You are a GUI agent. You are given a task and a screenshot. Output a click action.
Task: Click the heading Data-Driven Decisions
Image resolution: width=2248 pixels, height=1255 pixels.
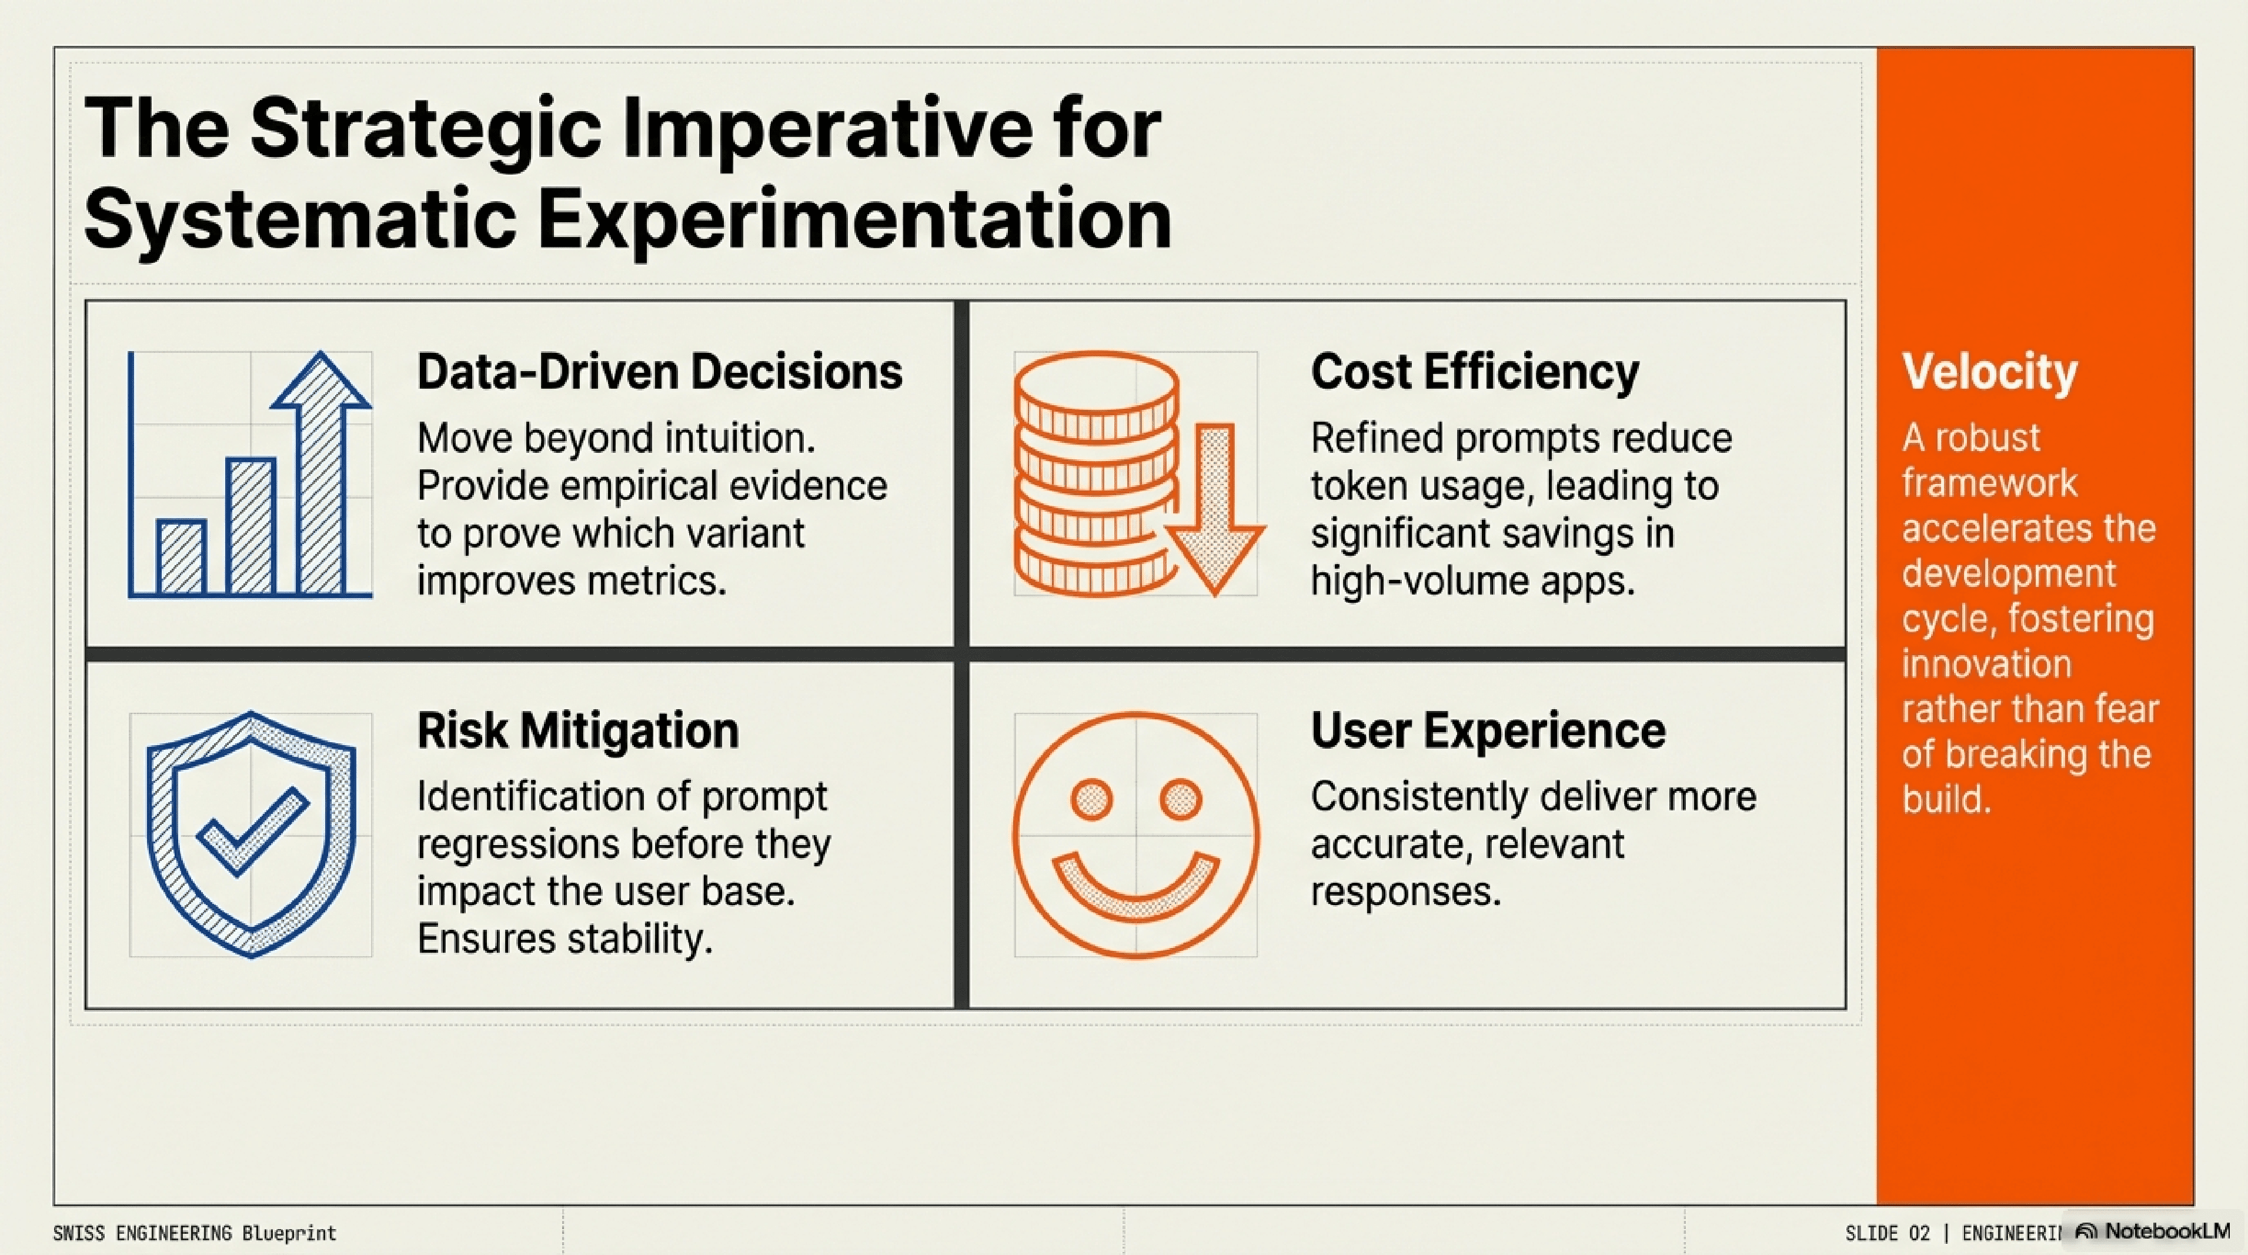[x=660, y=372]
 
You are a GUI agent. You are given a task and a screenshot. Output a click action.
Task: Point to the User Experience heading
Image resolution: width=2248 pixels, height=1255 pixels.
[x=1488, y=732]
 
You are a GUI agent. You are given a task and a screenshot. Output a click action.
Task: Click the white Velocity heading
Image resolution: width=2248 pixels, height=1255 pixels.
[x=1990, y=373]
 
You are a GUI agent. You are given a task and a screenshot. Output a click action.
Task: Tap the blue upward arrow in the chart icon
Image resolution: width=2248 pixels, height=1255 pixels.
[x=321, y=471]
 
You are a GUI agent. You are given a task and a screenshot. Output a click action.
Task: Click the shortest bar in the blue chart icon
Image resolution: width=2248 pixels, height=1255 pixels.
[x=182, y=557]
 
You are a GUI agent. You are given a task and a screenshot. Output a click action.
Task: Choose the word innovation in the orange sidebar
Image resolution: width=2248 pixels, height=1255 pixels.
[x=1986, y=664]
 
